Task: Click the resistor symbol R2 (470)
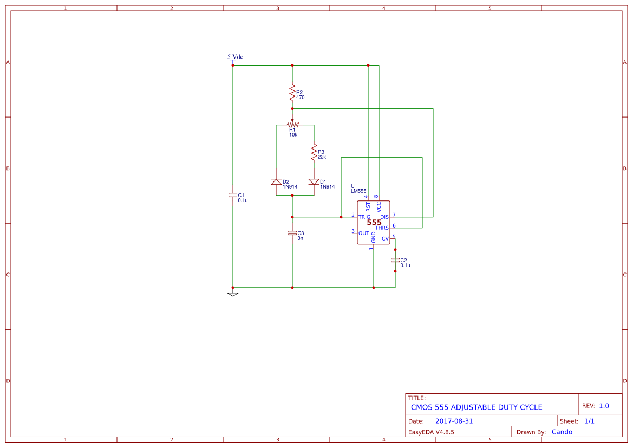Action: pyautogui.click(x=292, y=92)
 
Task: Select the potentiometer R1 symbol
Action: pyautogui.click(x=292, y=125)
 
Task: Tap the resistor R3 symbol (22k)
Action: pyautogui.click(x=314, y=152)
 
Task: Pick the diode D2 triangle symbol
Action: pyautogui.click(x=276, y=182)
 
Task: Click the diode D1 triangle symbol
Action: pyautogui.click(x=314, y=182)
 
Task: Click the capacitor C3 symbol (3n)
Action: pyautogui.click(x=292, y=232)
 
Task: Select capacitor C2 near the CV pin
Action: pyautogui.click(x=395, y=261)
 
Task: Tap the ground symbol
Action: pyautogui.click(x=233, y=294)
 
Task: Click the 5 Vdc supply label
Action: pyautogui.click(x=235, y=56)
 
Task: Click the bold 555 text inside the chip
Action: pyautogui.click(x=374, y=223)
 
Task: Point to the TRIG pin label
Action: pyautogui.click(x=364, y=217)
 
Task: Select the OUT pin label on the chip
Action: pyautogui.click(x=364, y=233)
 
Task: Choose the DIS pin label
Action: pyautogui.click(x=384, y=217)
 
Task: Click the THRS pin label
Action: pyautogui.click(x=382, y=228)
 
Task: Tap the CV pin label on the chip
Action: pyautogui.click(x=385, y=239)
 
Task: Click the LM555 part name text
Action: pyautogui.click(x=358, y=191)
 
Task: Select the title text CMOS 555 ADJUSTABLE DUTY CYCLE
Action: pyautogui.click(x=477, y=407)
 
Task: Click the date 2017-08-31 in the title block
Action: pyautogui.click(x=454, y=421)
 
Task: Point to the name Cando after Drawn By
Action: pyautogui.click(x=562, y=432)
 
